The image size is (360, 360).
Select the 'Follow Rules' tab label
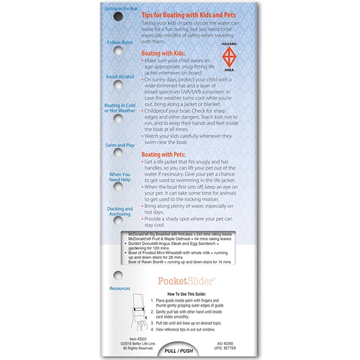pos(119,43)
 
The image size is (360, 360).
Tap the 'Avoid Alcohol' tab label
pos(119,77)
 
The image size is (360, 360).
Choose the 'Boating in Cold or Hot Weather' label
pos(119,108)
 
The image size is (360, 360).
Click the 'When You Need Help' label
pos(119,177)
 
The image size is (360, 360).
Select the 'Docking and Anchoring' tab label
pos(119,212)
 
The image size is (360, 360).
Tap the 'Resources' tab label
pos(119,288)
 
